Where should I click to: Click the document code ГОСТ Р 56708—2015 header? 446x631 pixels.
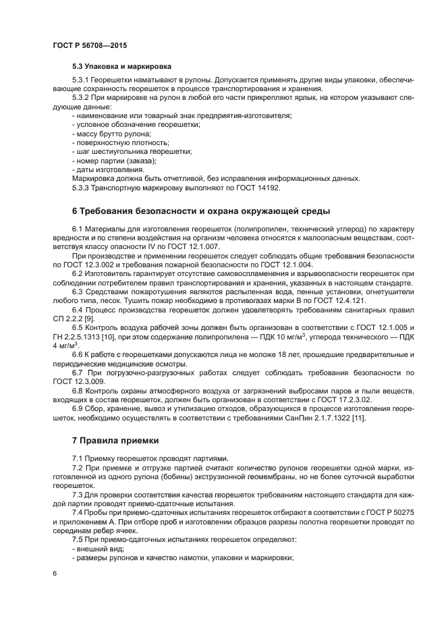[89, 45]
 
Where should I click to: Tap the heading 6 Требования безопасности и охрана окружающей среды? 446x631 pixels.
[201, 211]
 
